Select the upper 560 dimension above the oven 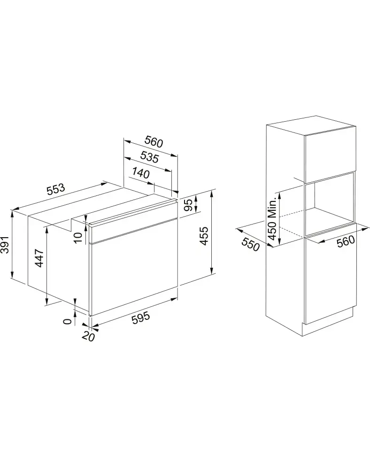pyautogui.click(x=154, y=142)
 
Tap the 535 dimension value pyautogui.click(x=149, y=157)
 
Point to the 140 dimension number pyautogui.click(x=141, y=173)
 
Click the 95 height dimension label pyautogui.click(x=189, y=205)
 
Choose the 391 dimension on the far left pyautogui.click(x=5, y=245)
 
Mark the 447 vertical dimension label pyautogui.click(x=39, y=258)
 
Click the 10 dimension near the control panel pyautogui.click(x=78, y=238)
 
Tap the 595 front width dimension pyautogui.click(x=141, y=318)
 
